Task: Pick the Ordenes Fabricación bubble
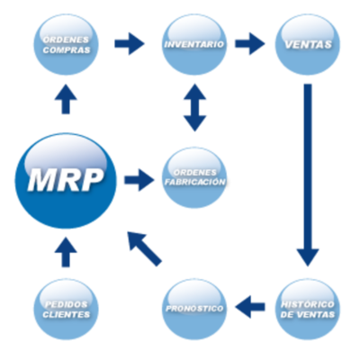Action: coord(194,177)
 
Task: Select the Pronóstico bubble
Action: coord(194,309)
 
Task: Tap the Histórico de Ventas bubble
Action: coord(307,309)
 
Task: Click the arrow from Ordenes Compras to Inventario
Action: coord(130,42)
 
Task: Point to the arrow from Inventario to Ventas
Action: coord(250,42)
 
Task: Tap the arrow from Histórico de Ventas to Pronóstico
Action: coord(250,308)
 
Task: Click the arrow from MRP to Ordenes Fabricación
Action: coord(139,180)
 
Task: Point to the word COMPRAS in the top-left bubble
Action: coord(66,49)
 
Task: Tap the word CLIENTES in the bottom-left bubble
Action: coord(66,316)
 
